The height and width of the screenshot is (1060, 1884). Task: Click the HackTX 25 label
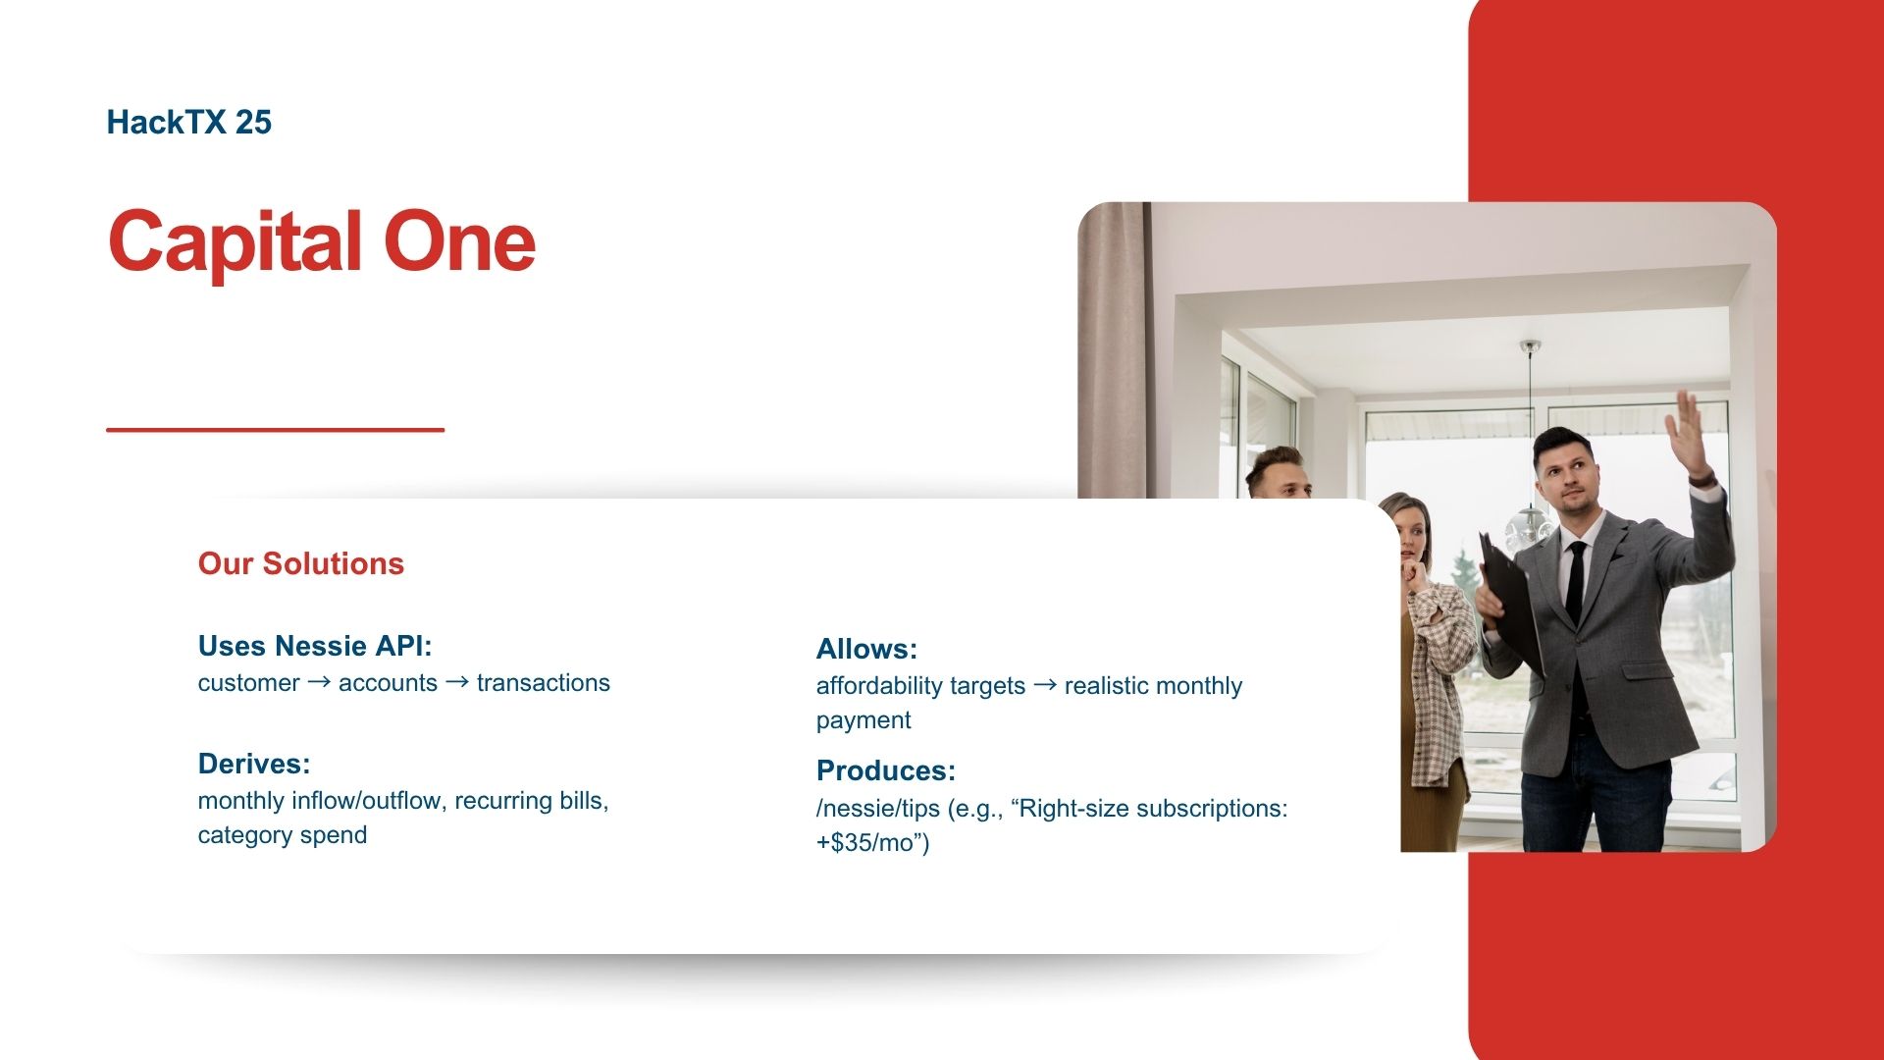click(188, 122)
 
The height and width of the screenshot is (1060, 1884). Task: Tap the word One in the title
click(459, 241)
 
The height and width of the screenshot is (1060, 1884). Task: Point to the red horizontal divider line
click(276, 429)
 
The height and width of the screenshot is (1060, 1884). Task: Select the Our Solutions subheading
click(301, 563)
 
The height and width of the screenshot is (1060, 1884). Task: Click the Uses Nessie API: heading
click(315, 646)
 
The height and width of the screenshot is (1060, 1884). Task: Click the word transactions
click(543, 683)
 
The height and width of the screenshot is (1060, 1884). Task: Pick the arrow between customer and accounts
click(319, 682)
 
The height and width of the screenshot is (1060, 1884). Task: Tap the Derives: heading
click(254, 764)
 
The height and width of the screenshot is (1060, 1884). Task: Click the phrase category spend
click(283, 835)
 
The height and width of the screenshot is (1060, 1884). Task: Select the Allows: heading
click(866, 649)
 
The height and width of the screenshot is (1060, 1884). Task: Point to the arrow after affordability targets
click(1045, 685)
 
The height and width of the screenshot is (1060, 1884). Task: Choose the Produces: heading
click(886, 770)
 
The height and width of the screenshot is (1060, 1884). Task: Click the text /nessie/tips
click(878, 809)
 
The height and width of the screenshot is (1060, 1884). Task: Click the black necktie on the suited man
click(1576, 581)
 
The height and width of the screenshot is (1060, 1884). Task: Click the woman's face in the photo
click(1411, 535)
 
